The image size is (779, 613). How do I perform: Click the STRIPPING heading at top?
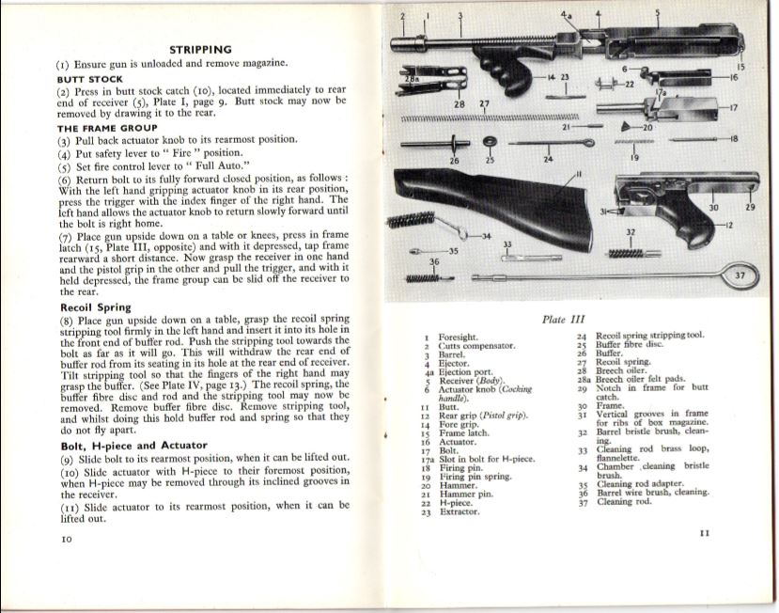point(199,49)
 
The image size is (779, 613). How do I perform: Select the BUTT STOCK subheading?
point(90,81)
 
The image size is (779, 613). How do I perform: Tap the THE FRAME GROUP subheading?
point(107,128)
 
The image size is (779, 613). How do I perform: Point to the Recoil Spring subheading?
point(95,307)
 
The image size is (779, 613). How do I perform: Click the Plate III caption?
point(562,320)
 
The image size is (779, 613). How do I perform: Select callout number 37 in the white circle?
point(740,275)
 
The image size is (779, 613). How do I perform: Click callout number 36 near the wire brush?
point(433,261)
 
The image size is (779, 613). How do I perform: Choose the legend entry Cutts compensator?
point(476,346)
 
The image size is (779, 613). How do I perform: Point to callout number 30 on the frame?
point(714,207)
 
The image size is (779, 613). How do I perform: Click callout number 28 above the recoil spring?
point(460,102)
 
